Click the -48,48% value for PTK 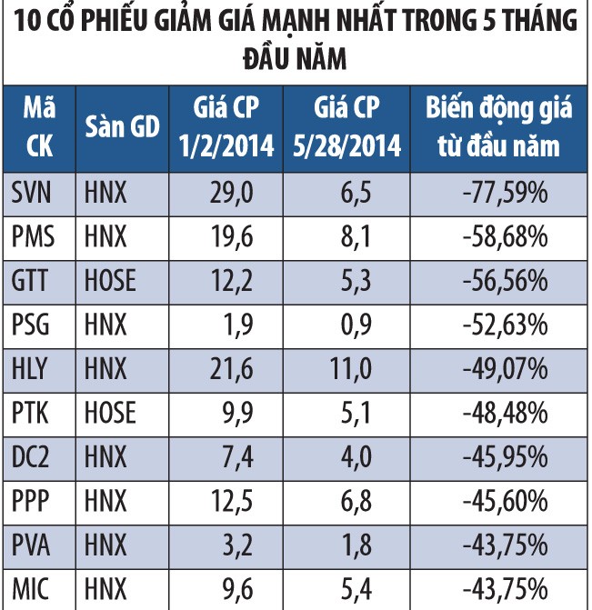[x=499, y=413]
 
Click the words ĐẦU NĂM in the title [x=295, y=59]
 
